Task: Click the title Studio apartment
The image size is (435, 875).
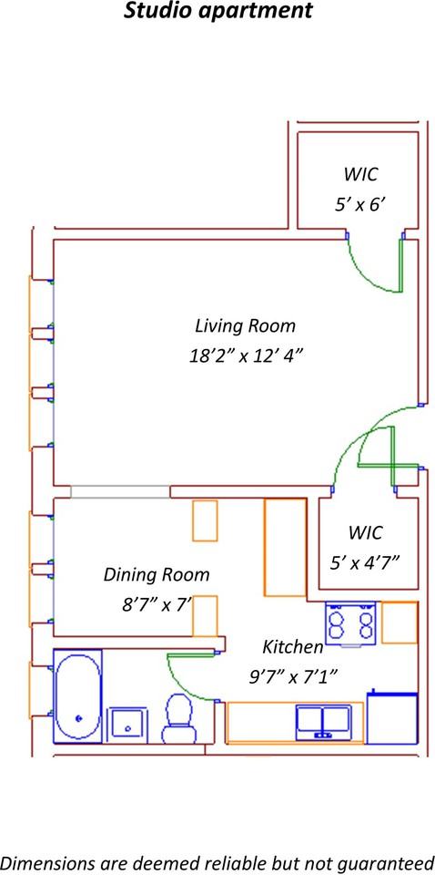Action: point(217,11)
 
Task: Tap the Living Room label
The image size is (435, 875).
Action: point(245,325)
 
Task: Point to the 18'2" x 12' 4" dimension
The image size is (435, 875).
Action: point(245,355)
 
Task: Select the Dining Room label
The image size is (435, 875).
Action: point(157,574)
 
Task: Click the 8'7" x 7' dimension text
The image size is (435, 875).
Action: point(157,605)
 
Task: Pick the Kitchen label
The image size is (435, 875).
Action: point(293,647)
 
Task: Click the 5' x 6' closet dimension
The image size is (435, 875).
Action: point(360,205)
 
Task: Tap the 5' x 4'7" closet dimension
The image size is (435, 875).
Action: point(365,562)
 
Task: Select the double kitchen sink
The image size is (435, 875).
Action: point(324,721)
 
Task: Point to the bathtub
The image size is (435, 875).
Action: point(77,695)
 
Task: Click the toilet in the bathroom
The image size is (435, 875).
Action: point(177,717)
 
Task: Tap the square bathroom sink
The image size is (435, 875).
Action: point(128,726)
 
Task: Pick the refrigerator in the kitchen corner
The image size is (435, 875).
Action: point(392,717)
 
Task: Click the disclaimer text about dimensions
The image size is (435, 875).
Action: point(217,862)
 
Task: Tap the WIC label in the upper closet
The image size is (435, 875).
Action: point(360,174)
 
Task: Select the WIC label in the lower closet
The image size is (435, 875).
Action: point(365,532)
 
